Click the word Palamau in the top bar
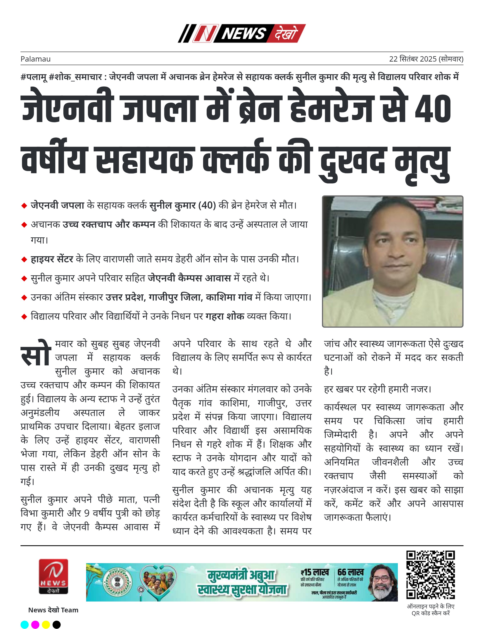35,59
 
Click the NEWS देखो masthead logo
242,34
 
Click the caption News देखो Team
53,610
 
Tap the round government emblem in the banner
117,582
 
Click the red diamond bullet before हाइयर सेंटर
24,260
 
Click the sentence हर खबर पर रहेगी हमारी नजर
378,389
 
